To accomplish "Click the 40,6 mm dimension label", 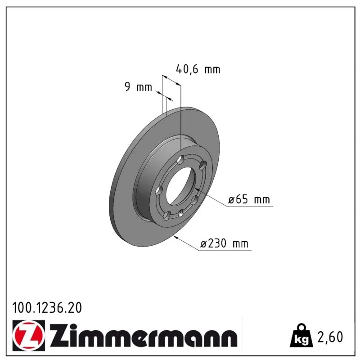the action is [x=198, y=69].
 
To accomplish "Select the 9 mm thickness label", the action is [x=138, y=87].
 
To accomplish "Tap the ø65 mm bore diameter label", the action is [x=249, y=199].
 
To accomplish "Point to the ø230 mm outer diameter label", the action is [x=224, y=243].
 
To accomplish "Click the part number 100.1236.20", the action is [x=47, y=308].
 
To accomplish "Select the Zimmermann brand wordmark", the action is [x=143, y=335].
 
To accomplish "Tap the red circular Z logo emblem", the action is [x=29, y=335].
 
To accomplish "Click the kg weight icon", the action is [x=301, y=335].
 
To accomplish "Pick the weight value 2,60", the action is [x=330, y=337].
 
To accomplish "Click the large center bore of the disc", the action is [x=180, y=185].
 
